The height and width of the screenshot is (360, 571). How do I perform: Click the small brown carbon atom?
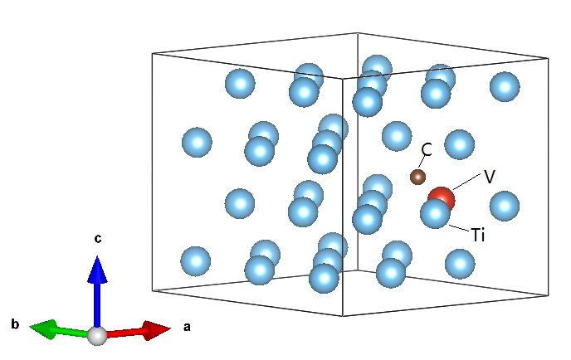click(x=417, y=176)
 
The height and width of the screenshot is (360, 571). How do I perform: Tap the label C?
click(x=427, y=149)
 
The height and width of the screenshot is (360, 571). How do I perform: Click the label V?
click(x=490, y=177)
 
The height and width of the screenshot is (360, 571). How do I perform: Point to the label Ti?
click(x=477, y=236)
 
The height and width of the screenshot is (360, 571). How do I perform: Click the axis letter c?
click(x=98, y=239)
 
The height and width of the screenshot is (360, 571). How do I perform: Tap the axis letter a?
click(x=186, y=328)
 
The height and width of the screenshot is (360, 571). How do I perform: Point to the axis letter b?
click(x=14, y=324)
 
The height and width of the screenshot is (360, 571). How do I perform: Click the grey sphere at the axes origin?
click(x=98, y=335)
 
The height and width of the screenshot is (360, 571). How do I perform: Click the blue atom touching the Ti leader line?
click(x=435, y=214)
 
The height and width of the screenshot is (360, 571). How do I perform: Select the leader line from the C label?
click(x=422, y=163)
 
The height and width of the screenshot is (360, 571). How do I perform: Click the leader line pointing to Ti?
click(x=459, y=227)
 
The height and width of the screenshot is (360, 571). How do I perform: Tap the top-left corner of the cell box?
click(x=153, y=55)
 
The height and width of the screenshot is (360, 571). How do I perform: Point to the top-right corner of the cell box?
click(x=548, y=58)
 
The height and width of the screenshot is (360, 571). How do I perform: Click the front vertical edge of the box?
click(x=344, y=191)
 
